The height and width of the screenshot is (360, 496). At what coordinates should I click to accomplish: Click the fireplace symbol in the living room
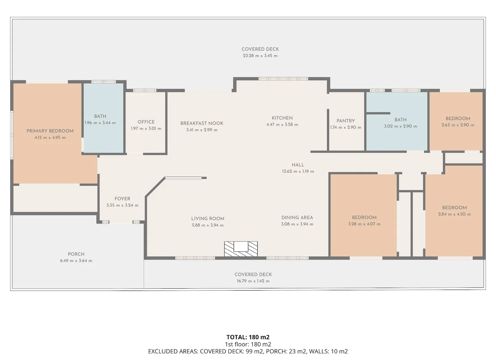[241, 249]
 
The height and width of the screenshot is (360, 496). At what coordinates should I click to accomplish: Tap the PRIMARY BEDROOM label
[50, 131]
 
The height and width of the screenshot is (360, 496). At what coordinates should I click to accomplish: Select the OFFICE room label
[146, 122]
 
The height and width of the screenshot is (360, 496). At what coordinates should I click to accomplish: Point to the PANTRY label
[346, 121]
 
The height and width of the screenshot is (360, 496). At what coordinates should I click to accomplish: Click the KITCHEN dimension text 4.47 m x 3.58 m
[282, 125]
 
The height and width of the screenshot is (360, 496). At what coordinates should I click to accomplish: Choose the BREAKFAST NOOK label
[202, 123]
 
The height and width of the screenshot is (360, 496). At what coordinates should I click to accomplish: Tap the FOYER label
[122, 199]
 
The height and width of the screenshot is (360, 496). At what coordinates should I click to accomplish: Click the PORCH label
[76, 254]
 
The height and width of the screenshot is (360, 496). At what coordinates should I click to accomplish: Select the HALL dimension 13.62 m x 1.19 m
[298, 171]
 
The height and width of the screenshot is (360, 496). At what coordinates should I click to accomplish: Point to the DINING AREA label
[297, 218]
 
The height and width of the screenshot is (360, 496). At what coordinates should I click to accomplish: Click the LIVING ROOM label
[208, 219]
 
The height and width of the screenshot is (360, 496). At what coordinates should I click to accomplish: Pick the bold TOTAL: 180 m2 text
[248, 337]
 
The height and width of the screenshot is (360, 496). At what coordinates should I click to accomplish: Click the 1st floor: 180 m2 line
[248, 344]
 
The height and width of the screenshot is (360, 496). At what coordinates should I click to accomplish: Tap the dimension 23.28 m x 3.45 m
[260, 56]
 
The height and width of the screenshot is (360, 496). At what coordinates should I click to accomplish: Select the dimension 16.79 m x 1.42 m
[253, 281]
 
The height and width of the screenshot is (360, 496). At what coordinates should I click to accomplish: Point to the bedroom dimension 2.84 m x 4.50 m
[455, 214]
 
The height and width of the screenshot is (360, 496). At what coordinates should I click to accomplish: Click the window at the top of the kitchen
[283, 79]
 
